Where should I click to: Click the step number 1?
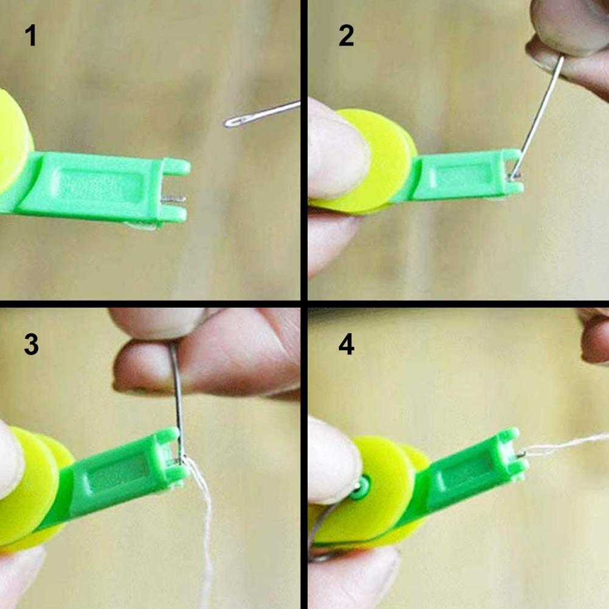(x=30, y=35)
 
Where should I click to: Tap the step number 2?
(x=346, y=35)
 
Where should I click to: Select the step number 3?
(x=31, y=344)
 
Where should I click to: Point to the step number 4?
(x=346, y=344)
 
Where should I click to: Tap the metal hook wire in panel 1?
(x=173, y=199)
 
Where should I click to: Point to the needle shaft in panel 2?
(x=538, y=117)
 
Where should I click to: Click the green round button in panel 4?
(x=360, y=488)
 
